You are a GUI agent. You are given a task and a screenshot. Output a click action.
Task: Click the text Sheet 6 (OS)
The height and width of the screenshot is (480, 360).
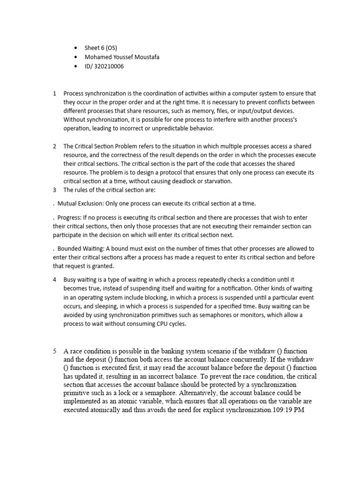(101, 48)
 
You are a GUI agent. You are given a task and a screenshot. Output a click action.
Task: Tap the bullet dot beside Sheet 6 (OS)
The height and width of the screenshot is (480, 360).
(76, 48)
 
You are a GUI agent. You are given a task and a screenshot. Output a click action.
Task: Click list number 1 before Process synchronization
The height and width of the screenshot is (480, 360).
(55, 93)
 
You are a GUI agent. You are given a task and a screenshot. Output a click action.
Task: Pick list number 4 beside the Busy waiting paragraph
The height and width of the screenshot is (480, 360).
(55, 279)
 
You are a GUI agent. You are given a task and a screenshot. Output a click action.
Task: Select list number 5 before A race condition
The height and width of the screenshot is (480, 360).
(55, 351)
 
